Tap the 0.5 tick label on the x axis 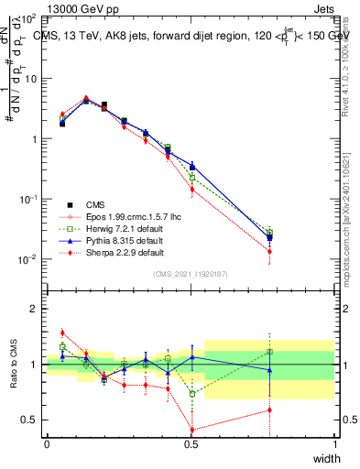tap(191, 444)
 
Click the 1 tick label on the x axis tap(334, 444)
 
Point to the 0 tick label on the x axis tap(47, 444)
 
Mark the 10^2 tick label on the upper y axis tap(28, 18)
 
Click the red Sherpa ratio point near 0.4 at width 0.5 tap(191, 430)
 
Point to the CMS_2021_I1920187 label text tap(191, 275)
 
